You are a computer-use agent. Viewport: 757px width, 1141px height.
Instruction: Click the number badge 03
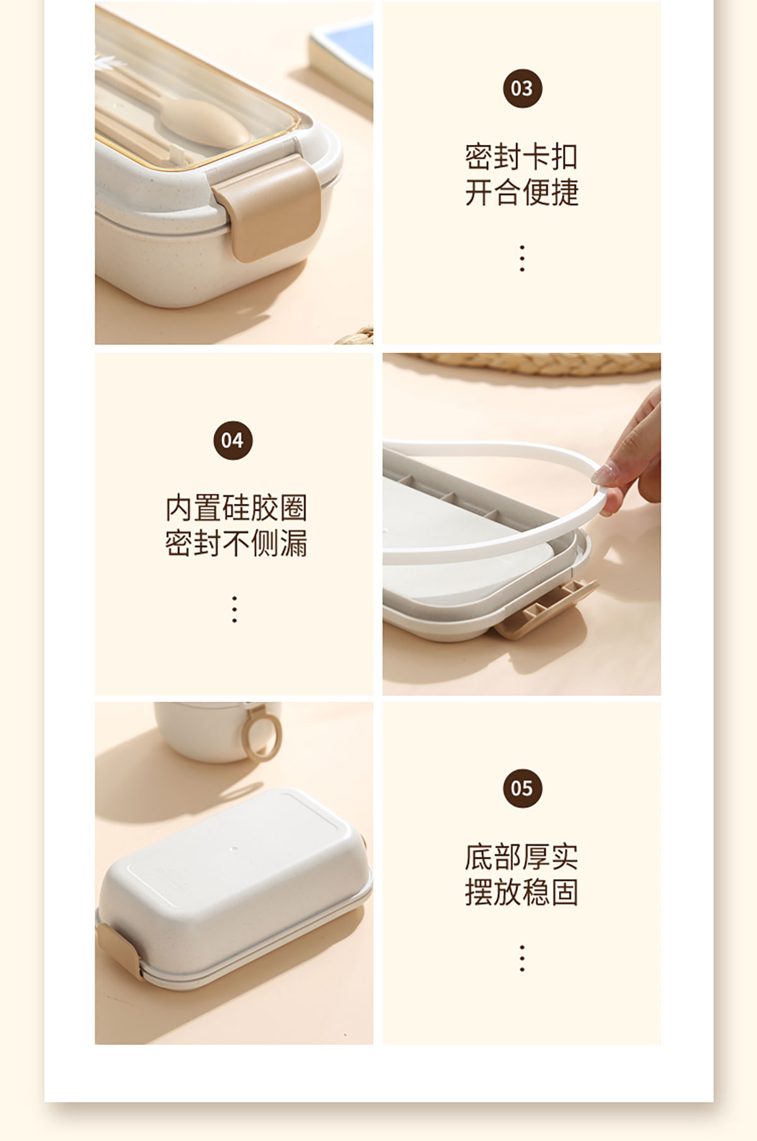tap(522, 88)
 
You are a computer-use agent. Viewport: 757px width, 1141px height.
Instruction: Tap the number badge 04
tap(233, 440)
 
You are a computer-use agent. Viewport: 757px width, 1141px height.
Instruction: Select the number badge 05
tap(522, 788)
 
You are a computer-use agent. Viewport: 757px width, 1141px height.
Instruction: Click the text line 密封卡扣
tap(522, 156)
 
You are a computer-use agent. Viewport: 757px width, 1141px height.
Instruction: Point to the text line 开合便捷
tap(522, 192)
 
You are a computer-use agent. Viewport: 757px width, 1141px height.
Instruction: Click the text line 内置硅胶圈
tap(236, 508)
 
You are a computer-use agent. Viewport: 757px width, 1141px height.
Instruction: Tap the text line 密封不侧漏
tap(236, 543)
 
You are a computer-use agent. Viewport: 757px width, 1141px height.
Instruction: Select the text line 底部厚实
tap(522, 857)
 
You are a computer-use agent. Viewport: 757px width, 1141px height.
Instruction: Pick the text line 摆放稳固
tap(522, 893)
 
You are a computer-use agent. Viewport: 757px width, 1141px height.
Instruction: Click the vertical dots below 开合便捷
tap(522, 258)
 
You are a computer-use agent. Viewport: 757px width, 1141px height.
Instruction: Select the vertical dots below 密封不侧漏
tap(235, 609)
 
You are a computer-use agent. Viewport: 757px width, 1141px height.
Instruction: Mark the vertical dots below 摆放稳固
tap(522, 958)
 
